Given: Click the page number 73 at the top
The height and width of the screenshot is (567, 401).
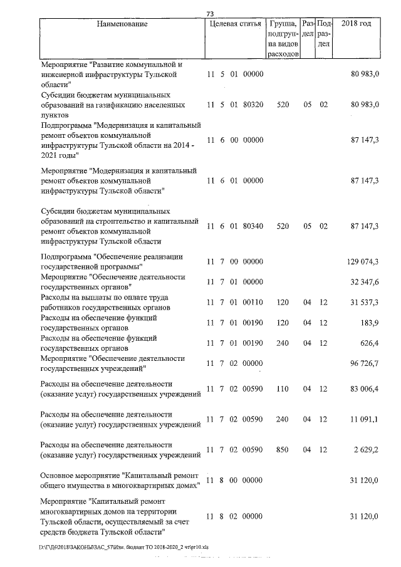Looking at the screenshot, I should tap(211, 14).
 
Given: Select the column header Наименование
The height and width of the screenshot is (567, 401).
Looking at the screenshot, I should tap(122, 24).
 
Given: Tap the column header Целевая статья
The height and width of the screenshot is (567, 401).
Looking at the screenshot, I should tap(234, 24).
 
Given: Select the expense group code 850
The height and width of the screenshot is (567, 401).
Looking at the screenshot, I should tap(283, 449).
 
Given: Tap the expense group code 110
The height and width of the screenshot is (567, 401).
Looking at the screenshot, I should tap(283, 389).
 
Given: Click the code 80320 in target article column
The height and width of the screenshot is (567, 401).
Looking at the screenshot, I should tap(253, 105).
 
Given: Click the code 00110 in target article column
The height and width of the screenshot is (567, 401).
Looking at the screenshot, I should tap(253, 302).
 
